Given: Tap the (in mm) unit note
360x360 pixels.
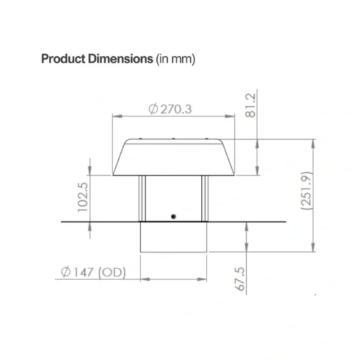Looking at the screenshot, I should pos(176,58).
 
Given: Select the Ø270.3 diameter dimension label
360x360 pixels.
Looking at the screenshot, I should pos(174,109).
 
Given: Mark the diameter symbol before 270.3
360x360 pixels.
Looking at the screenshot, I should pos(153,109).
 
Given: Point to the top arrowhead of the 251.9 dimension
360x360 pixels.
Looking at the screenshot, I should pos(315,142).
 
